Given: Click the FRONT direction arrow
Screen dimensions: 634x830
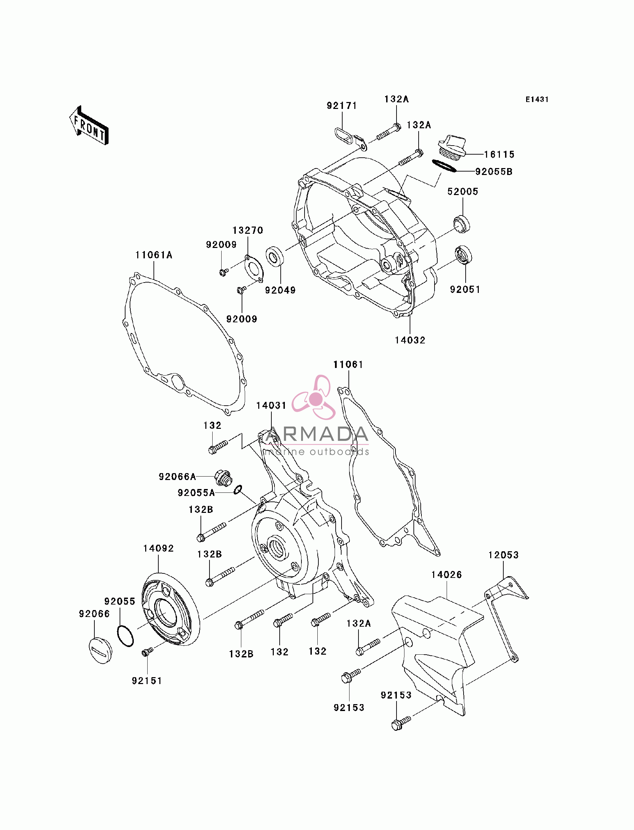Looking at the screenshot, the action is pyautogui.click(x=89, y=126).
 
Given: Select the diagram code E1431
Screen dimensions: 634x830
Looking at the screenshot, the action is pyautogui.click(x=537, y=99).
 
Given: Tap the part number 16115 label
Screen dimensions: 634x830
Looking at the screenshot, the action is pyautogui.click(x=499, y=154).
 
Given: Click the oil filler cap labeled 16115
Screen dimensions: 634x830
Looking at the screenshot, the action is pyautogui.click(x=452, y=146).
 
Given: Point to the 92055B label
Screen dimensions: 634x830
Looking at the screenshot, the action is pyautogui.click(x=494, y=172).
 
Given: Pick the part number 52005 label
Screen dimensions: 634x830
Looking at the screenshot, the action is pyautogui.click(x=463, y=192).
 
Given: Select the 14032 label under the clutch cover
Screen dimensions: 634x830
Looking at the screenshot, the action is pyautogui.click(x=410, y=340).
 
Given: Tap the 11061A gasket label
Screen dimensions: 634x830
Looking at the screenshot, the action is pyautogui.click(x=154, y=255).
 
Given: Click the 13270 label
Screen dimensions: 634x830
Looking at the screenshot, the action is pyautogui.click(x=248, y=230).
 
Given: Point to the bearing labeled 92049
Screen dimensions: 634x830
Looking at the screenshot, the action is pyautogui.click(x=275, y=256).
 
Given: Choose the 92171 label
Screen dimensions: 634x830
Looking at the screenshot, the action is pyautogui.click(x=342, y=106).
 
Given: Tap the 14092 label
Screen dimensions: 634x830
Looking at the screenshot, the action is pyautogui.click(x=158, y=548).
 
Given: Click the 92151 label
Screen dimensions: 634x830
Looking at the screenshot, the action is pyautogui.click(x=147, y=681).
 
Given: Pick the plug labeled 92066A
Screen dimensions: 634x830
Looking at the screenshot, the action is pyautogui.click(x=223, y=478).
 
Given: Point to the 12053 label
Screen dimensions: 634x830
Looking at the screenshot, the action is pyautogui.click(x=503, y=555).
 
